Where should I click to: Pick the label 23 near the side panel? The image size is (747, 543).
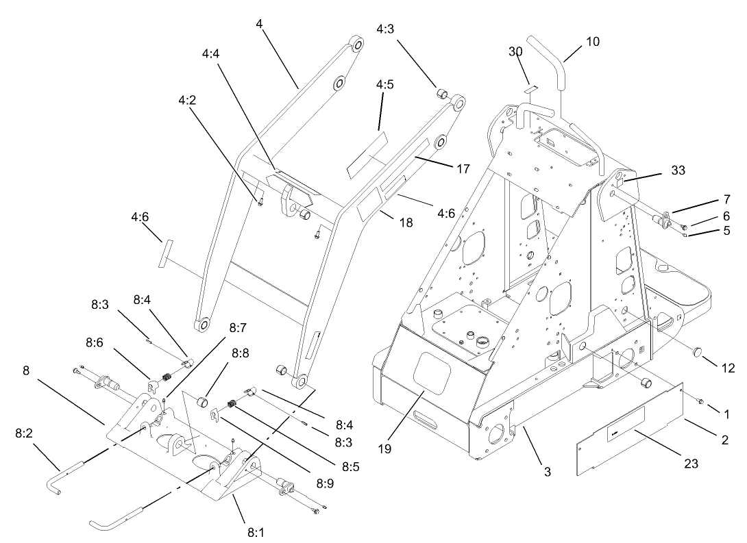pos(691,464)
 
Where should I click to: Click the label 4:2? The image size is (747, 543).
pos(187,99)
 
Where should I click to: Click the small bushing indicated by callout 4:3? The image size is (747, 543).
pos(442,93)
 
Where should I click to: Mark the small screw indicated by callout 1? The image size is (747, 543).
pos(700,401)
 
